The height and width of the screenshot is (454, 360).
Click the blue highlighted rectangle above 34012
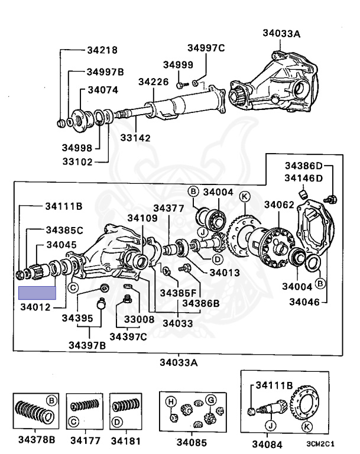click(x=37, y=293)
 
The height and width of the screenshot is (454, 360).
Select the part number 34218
click(x=102, y=51)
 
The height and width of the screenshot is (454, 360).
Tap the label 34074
click(x=103, y=90)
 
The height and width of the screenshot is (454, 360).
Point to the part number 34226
click(x=154, y=82)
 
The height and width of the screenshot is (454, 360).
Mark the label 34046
click(x=304, y=302)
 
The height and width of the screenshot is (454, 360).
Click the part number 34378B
click(x=36, y=440)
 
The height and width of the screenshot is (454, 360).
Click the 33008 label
click(x=139, y=319)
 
